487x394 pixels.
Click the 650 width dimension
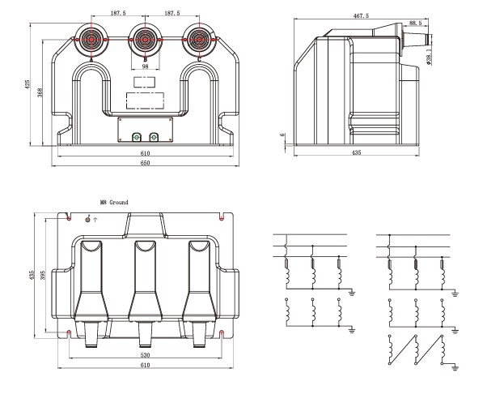(146, 165)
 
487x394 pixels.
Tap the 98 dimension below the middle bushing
(145, 66)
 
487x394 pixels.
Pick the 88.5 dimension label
(415, 24)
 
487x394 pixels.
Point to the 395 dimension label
(44, 277)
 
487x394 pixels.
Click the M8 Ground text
(113, 202)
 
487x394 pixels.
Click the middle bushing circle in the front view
(145, 38)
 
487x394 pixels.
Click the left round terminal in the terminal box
(135, 138)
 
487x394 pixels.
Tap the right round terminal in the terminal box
(155, 138)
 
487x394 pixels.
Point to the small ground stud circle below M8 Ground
(88, 218)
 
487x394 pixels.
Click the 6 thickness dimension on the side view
(282, 136)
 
